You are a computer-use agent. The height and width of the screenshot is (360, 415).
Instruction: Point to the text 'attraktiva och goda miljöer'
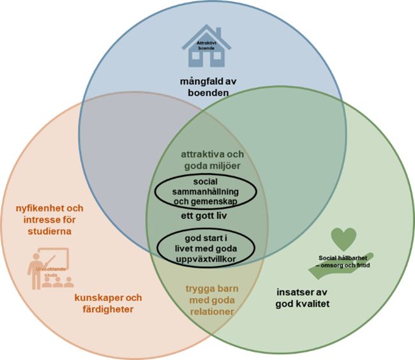pos(212,160)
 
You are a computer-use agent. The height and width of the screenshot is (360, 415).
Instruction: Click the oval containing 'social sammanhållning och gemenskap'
pos(206,191)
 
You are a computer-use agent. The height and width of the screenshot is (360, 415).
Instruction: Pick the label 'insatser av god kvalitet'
pos(302,298)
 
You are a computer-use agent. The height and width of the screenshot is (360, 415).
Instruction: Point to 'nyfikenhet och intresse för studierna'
pos(50,219)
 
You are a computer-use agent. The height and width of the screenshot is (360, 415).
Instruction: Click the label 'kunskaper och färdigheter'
pos(108,303)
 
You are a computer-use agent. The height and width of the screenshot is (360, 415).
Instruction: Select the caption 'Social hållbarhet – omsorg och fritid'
pos(344,260)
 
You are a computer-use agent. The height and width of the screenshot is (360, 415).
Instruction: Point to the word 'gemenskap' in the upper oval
pos(225,202)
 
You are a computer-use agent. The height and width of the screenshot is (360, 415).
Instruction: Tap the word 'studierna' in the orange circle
pos(50,230)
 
